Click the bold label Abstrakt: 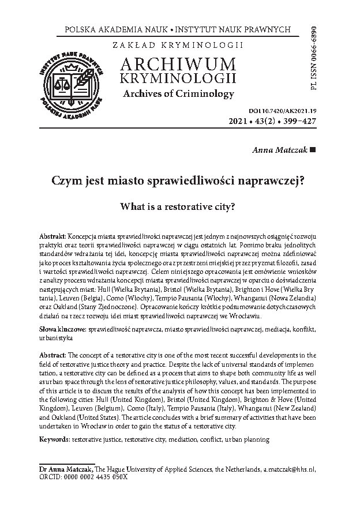tap(52, 238)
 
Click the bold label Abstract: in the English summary tap(52, 353)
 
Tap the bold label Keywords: tap(54, 439)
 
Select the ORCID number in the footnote tap(96, 478)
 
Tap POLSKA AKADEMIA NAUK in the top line tap(107, 29)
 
